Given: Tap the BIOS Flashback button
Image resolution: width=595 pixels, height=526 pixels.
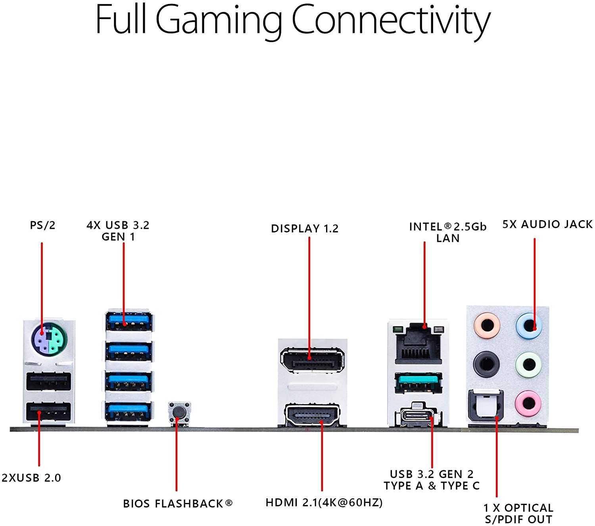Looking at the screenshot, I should [x=179, y=412].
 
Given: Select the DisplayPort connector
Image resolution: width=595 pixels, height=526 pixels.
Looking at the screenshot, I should [x=312, y=360].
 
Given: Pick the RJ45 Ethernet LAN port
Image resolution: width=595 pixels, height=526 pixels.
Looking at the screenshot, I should [x=418, y=344].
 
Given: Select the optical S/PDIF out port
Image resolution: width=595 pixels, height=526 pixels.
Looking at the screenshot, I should [x=486, y=406].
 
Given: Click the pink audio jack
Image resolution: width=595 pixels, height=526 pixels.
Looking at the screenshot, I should [x=528, y=404].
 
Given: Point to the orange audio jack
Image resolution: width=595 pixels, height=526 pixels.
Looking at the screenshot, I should [x=487, y=325].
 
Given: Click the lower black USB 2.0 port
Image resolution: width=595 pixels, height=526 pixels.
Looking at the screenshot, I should [x=48, y=412].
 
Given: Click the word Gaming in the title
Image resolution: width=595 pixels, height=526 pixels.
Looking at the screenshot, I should [x=219, y=20].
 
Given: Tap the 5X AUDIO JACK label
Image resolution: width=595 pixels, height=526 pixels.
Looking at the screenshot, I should [x=547, y=224].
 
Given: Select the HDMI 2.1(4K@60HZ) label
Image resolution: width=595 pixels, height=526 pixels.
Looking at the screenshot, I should [x=324, y=503].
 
